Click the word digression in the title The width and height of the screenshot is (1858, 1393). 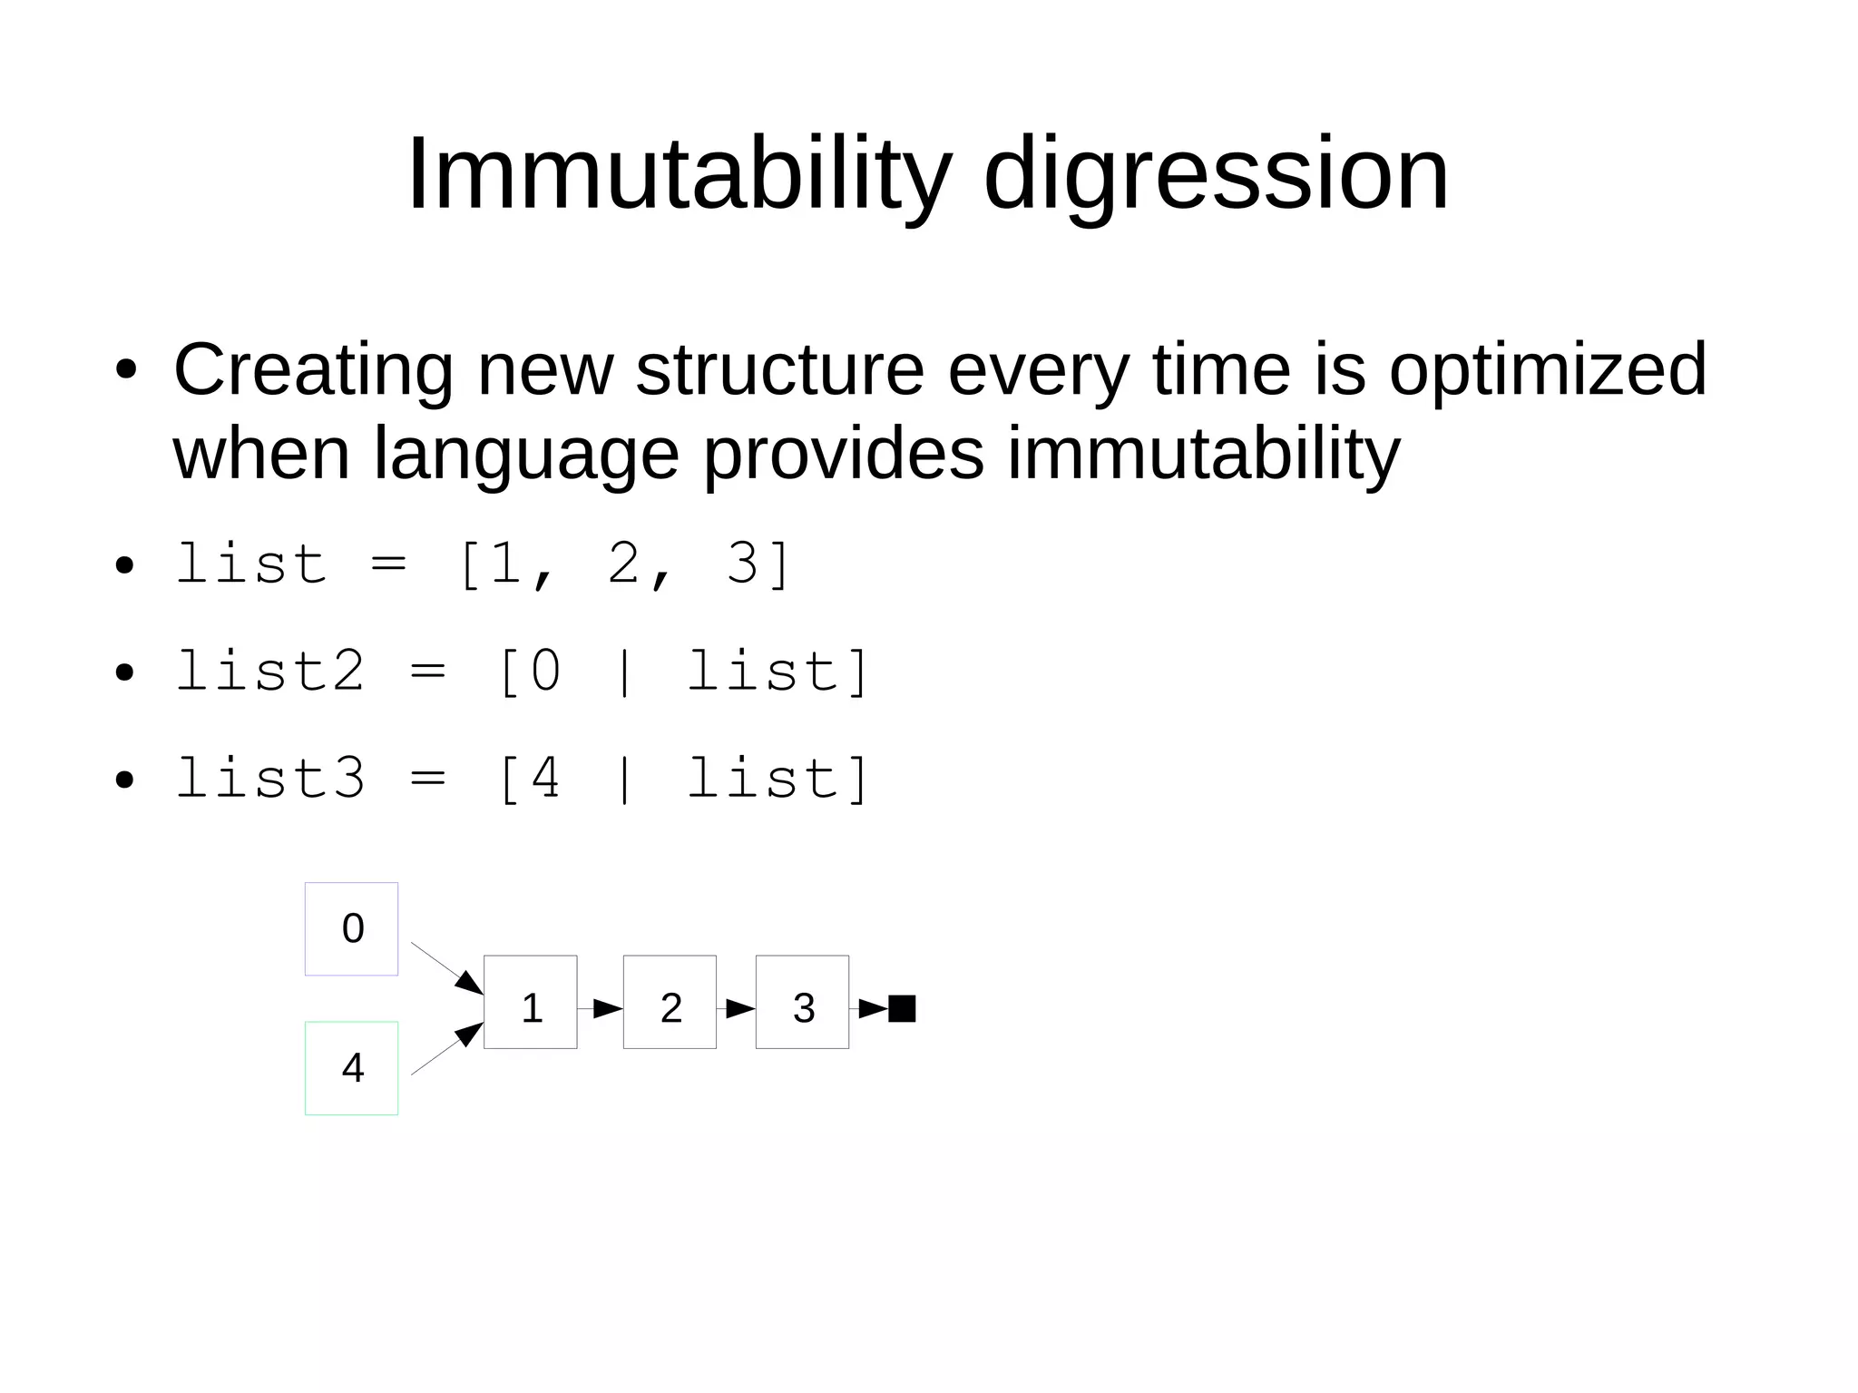[1216, 174]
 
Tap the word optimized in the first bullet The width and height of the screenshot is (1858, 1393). [1548, 370]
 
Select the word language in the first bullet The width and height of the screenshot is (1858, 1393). [526, 454]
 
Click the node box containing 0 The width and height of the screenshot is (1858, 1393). [351, 928]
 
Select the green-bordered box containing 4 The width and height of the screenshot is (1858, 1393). [351, 1068]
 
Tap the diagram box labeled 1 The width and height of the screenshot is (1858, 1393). [531, 1002]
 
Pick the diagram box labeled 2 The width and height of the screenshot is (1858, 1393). [670, 1002]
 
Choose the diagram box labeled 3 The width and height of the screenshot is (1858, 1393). [802, 1002]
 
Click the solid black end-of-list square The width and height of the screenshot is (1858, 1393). [902, 1008]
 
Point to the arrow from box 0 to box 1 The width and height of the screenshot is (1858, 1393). [446, 967]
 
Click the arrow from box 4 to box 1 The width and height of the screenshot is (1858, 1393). [446, 1049]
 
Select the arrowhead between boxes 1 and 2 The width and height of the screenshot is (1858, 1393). [606, 1008]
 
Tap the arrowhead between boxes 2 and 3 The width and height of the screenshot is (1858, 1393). [739, 1008]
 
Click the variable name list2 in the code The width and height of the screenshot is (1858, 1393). [269, 672]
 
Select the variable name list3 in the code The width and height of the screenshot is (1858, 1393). [269, 780]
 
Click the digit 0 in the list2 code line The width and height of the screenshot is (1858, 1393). [545, 672]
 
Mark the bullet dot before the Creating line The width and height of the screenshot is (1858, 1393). [125, 370]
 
